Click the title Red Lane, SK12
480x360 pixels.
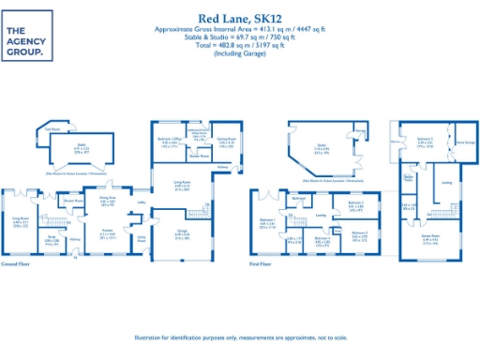[x=240, y=18]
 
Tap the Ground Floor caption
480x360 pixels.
[x=17, y=265]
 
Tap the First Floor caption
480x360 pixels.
[x=262, y=265]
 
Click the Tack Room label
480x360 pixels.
[x=54, y=128]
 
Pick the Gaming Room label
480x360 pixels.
[x=226, y=141]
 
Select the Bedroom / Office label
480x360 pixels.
[x=169, y=141]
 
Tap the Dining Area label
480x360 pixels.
[x=108, y=198]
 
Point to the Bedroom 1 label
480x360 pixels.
[x=267, y=221]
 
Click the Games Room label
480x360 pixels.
[x=430, y=238]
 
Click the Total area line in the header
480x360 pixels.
[x=240, y=44]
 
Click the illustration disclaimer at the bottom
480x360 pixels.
[x=240, y=337]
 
